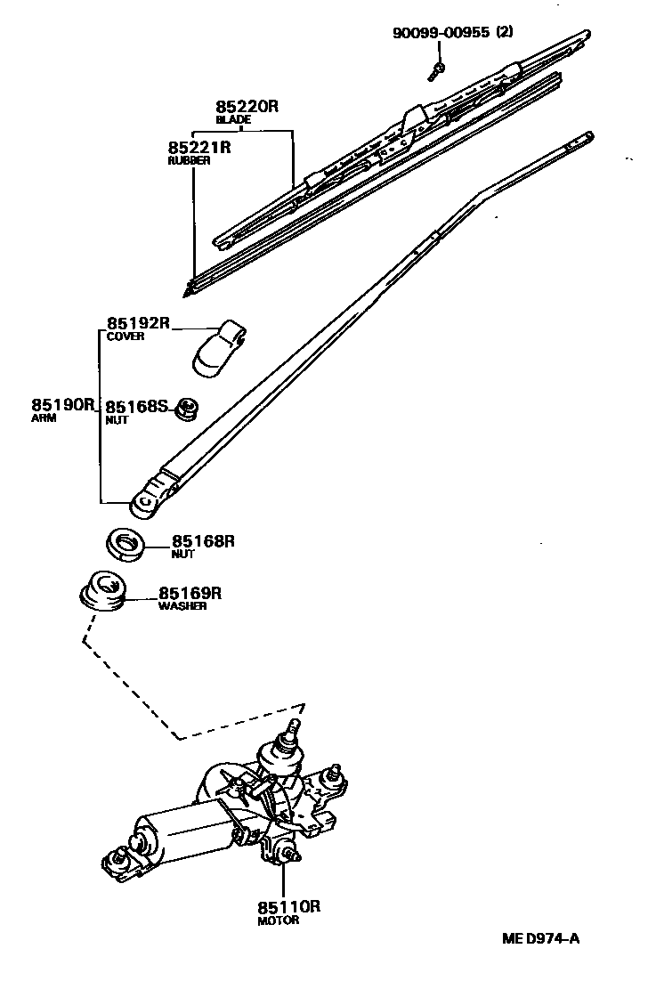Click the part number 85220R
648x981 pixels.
tap(247, 105)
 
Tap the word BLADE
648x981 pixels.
tap(233, 118)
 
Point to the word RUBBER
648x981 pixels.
tap(189, 160)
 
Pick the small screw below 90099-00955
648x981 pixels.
tap(438, 69)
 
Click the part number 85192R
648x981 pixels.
tap(138, 323)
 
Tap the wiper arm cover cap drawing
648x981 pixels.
tap(218, 346)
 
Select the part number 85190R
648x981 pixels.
tap(62, 405)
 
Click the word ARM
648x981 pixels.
tap(44, 418)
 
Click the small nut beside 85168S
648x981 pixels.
tap(188, 408)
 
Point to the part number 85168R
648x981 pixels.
tap(203, 540)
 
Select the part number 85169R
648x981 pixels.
tap(190, 593)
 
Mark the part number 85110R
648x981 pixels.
tap(288, 907)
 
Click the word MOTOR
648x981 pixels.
tap(279, 920)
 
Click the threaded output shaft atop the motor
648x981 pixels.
tap(289, 738)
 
